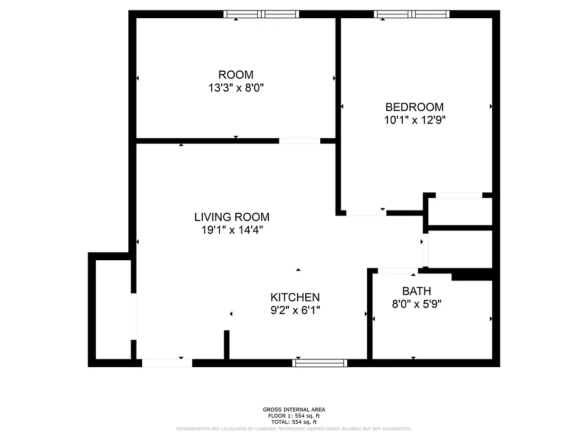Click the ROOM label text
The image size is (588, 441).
coord(236,75)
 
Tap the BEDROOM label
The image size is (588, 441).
coord(414,107)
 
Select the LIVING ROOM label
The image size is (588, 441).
coord(231,217)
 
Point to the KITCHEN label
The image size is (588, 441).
coord(295,297)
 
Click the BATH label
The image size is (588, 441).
coord(416,291)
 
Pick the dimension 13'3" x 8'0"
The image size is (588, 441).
coord(236,88)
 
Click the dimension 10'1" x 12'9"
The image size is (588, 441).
coord(414,120)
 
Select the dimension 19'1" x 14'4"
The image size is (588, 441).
coord(231,230)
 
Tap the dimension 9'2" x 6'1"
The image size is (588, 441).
coord(295,310)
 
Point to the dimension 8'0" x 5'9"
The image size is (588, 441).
coord(417,304)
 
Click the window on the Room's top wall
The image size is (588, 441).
coord(261,14)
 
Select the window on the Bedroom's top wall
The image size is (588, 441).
coord(412,14)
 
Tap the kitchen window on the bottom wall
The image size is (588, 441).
coord(320,363)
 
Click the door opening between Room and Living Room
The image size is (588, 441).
coord(299,141)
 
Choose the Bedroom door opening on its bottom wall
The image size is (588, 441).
coord(366,213)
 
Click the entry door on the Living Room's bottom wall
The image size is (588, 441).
coord(167,363)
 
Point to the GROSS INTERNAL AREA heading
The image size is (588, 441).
coord(294,410)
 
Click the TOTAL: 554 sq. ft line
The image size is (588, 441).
coord(294,422)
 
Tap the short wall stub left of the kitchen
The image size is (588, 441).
coord(226,345)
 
